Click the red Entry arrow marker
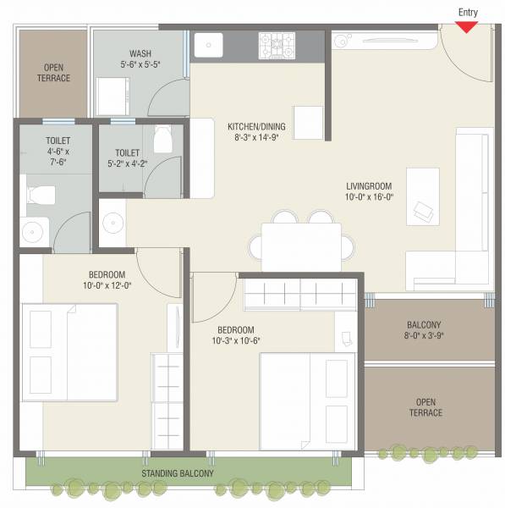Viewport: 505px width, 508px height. click(x=466, y=26)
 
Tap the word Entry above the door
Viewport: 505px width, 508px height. click(x=467, y=11)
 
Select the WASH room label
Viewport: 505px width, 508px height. click(x=140, y=52)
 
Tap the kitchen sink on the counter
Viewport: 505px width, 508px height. click(x=208, y=44)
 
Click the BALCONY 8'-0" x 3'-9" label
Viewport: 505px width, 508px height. click(x=424, y=325)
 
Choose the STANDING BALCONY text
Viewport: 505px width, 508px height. click(x=178, y=473)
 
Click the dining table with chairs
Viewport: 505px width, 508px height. click(x=300, y=243)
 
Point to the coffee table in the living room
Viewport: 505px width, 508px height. click(x=423, y=196)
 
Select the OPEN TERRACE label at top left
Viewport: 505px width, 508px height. click(x=53, y=73)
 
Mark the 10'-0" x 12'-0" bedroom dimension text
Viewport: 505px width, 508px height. click(x=107, y=285)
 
